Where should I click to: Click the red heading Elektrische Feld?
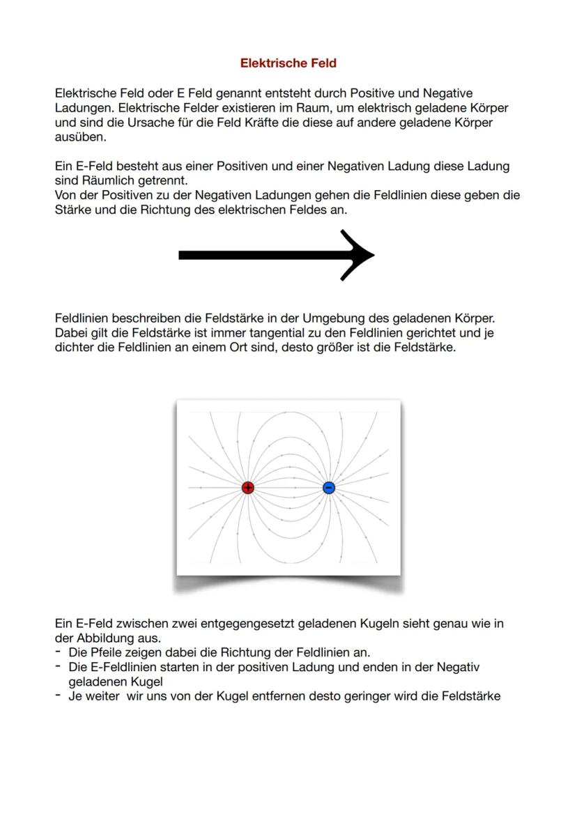[x=288, y=63]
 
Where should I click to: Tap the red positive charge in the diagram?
[x=247, y=488]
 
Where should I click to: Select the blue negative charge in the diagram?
[x=329, y=488]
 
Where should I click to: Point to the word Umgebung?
[x=335, y=318]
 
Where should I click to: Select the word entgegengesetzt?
[x=247, y=624]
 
